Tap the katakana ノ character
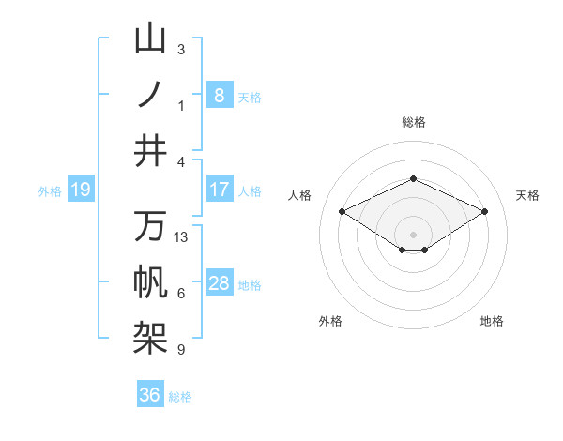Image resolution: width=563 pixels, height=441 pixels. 150,94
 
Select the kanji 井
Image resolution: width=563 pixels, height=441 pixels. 150,149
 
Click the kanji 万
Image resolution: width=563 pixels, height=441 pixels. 150,226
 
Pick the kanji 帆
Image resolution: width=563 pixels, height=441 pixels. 150,281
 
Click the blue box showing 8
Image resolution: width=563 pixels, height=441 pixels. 219,95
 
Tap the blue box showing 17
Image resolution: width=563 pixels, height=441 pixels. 219,190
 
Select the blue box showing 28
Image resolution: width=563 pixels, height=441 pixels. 219,283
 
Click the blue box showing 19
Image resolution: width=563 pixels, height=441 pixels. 80,190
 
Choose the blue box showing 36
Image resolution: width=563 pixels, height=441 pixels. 150,395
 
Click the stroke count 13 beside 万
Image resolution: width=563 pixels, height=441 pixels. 181,237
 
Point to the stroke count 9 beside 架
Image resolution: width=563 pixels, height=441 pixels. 181,350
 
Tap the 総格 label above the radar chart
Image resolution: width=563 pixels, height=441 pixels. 414,122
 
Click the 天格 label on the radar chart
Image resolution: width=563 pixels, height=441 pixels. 527,195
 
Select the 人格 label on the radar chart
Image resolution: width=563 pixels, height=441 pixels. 299,195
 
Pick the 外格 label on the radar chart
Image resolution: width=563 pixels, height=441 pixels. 330,321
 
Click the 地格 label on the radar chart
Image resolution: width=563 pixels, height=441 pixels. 492,321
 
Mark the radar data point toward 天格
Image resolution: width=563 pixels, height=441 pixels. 484,211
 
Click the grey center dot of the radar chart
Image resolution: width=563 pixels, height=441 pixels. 413,233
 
